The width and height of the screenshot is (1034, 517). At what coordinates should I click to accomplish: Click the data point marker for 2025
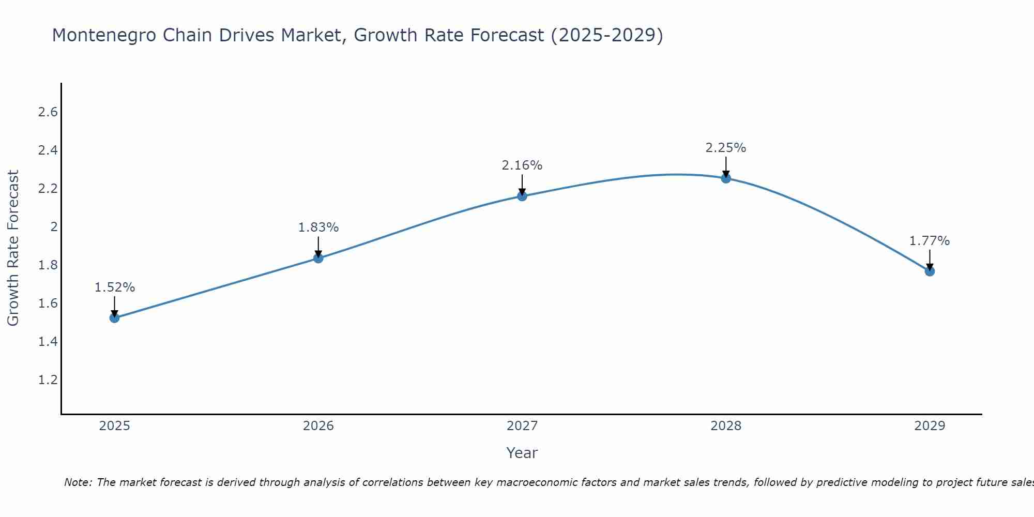(x=115, y=317)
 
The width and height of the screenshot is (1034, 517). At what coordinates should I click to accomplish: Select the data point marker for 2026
(x=318, y=258)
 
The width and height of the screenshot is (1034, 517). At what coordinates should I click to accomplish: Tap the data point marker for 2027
(x=522, y=196)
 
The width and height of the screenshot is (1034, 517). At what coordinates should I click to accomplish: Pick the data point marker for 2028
(x=726, y=178)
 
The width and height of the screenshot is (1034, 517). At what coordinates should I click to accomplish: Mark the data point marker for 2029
(x=930, y=271)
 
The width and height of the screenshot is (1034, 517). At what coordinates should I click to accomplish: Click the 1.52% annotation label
(x=115, y=287)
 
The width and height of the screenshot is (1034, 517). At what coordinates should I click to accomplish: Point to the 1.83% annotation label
(x=318, y=227)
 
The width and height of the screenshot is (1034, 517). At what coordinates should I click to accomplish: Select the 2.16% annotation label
(x=522, y=165)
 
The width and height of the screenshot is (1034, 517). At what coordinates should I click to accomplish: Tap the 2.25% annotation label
(x=726, y=148)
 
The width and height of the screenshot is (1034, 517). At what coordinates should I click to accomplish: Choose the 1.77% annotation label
(x=930, y=241)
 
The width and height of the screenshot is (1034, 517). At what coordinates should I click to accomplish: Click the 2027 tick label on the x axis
(x=522, y=426)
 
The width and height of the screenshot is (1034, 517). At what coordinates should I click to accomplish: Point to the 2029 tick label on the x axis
(x=930, y=426)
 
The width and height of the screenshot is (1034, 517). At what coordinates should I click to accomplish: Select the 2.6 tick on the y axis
(x=48, y=112)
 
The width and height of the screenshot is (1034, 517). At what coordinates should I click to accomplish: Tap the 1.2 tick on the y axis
(x=48, y=380)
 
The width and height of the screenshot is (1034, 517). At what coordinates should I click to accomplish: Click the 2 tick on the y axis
(x=53, y=227)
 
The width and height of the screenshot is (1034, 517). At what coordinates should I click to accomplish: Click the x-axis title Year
(x=522, y=453)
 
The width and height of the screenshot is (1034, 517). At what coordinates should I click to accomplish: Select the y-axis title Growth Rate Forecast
(x=13, y=248)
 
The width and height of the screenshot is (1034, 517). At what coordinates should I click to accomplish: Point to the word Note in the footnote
(x=78, y=482)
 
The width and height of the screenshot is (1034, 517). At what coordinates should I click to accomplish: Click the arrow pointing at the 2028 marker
(x=726, y=166)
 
